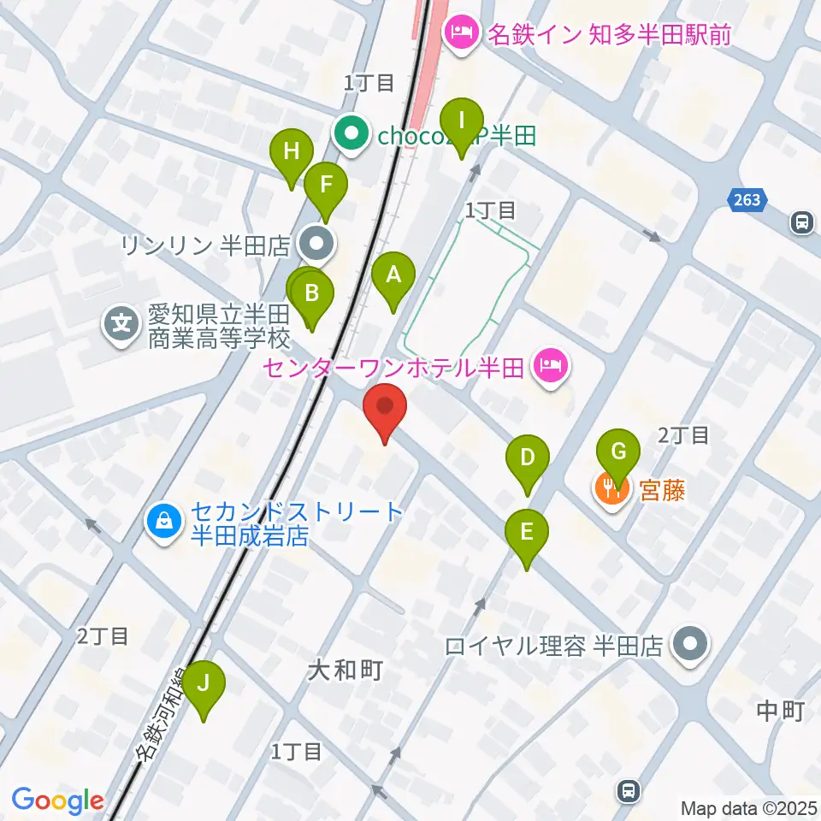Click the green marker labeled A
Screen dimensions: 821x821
tap(393, 275)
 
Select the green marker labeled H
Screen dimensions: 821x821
tap(292, 153)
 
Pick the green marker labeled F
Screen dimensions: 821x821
tap(325, 184)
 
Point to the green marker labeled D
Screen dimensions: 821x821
tap(528, 458)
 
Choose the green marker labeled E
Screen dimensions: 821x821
tap(526, 533)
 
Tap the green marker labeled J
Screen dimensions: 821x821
tap(204, 684)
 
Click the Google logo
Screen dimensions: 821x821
tap(57, 800)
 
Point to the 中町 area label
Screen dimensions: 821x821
tap(781, 710)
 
